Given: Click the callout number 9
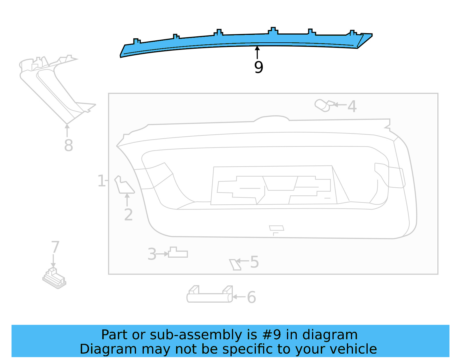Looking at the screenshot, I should click(x=258, y=67).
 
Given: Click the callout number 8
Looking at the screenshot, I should click(x=69, y=145).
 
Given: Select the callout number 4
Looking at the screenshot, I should click(x=352, y=106).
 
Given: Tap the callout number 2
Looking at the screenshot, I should click(x=128, y=215).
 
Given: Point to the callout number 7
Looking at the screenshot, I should click(x=55, y=247).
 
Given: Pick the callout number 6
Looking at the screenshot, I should click(x=251, y=297).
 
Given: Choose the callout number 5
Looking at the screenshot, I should click(x=254, y=262).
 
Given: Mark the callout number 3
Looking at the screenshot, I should click(x=152, y=255).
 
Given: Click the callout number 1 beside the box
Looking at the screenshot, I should click(x=101, y=181).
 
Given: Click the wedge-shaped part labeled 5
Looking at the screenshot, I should click(x=235, y=265).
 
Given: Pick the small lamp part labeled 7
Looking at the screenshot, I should click(x=54, y=278).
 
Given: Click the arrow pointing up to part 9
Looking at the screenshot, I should click(x=257, y=52).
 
